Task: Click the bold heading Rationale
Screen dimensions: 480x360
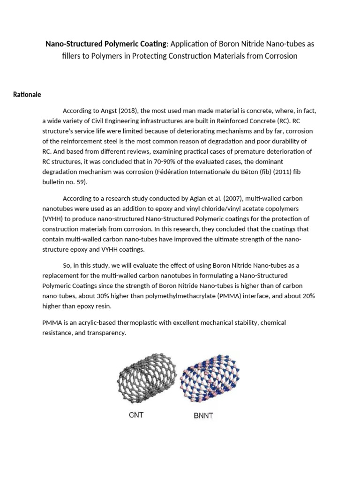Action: [x=27, y=95]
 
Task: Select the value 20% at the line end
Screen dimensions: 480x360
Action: [x=306, y=296]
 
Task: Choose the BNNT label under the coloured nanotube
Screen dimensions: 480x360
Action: [x=203, y=415]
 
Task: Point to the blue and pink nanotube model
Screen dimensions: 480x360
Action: [x=206, y=381]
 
